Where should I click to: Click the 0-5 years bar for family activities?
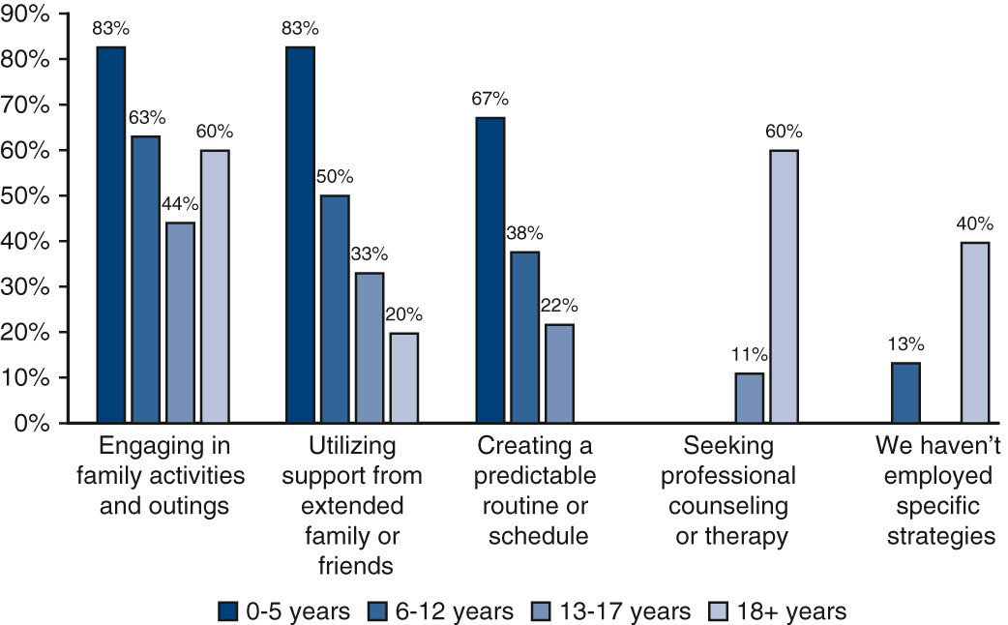pos(111,235)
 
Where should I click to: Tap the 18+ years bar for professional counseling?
pos(784,286)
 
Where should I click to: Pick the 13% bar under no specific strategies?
pos(905,393)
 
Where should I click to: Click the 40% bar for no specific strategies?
pos(974,333)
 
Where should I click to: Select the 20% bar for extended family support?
pos(404,378)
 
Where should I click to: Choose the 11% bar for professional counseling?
pos(749,398)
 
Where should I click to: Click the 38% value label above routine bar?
pos(524,233)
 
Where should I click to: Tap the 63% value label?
pos(146,118)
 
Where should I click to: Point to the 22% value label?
pos(558,306)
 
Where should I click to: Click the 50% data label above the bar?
pos(335,177)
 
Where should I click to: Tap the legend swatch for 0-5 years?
pos(227,611)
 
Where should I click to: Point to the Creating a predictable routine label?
pos(538,491)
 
